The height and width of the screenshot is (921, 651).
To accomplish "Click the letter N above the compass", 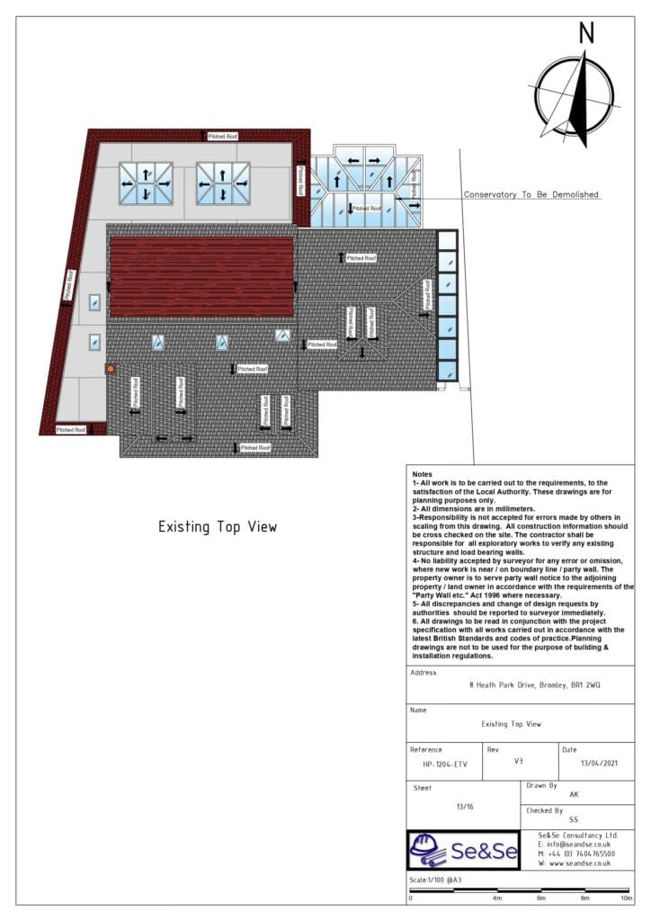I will (586, 32).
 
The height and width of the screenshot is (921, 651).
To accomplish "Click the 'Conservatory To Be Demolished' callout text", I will (531, 194).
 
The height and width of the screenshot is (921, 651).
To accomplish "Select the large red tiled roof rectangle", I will (201, 276).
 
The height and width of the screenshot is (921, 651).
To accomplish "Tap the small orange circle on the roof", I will (111, 369).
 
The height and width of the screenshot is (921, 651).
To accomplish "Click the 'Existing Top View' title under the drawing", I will (218, 527).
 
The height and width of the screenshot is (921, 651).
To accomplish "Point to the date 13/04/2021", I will (584, 765).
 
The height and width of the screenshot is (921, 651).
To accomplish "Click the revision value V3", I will (518, 760).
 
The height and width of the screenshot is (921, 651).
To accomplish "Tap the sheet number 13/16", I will (465, 807).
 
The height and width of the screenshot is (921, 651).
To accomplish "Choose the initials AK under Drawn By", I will (574, 795).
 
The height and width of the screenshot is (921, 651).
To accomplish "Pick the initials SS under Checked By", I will (574, 819).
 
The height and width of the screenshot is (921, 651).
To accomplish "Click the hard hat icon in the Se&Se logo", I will (429, 849).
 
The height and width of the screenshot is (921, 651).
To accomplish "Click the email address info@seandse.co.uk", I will (575, 845).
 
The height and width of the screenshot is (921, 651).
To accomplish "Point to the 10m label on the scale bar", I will (626, 898).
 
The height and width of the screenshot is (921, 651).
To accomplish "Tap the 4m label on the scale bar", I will (496, 898).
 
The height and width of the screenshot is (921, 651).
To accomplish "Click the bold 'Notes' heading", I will (422, 474).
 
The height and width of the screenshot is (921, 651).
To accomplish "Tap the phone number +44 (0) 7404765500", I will (579, 854).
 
